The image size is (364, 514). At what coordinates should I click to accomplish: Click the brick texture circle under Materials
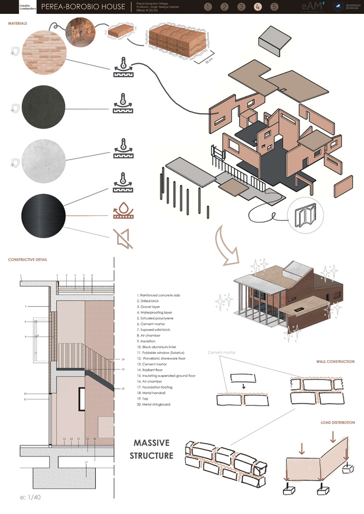(x=43, y=53)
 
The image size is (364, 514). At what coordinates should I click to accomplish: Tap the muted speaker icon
(x=123, y=239)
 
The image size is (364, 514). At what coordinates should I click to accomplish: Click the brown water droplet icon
(x=123, y=211)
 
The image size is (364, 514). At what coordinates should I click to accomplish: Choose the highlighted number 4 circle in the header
(x=258, y=8)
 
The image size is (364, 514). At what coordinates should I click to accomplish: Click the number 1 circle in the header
(x=209, y=8)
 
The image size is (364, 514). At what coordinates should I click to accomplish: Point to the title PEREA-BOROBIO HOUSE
(x=84, y=8)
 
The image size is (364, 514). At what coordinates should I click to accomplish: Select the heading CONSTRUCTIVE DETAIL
(x=28, y=259)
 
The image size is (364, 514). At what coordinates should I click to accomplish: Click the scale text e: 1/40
(x=30, y=498)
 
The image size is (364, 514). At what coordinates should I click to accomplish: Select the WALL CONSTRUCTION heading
(x=335, y=361)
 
